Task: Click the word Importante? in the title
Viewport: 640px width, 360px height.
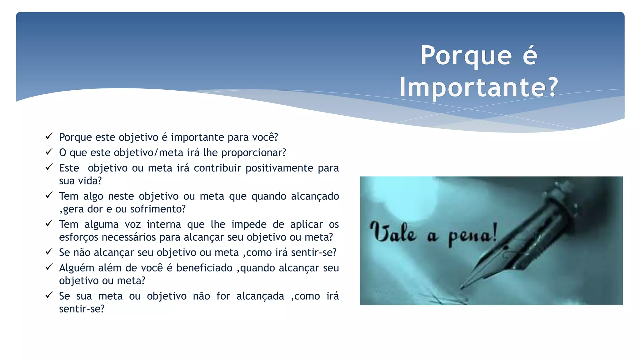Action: tap(479, 87)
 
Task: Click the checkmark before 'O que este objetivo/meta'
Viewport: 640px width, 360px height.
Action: tap(49, 152)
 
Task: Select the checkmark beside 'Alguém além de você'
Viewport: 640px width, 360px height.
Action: tap(49, 267)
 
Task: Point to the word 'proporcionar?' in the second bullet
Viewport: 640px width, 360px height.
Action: tap(253, 153)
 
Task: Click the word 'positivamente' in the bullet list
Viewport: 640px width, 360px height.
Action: tap(279, 168)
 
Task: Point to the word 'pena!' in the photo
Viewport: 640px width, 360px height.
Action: tap(472, 235)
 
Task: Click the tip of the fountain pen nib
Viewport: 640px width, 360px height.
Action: tap(462, 287)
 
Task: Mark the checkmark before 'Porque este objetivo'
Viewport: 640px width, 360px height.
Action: tap(49, 136)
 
